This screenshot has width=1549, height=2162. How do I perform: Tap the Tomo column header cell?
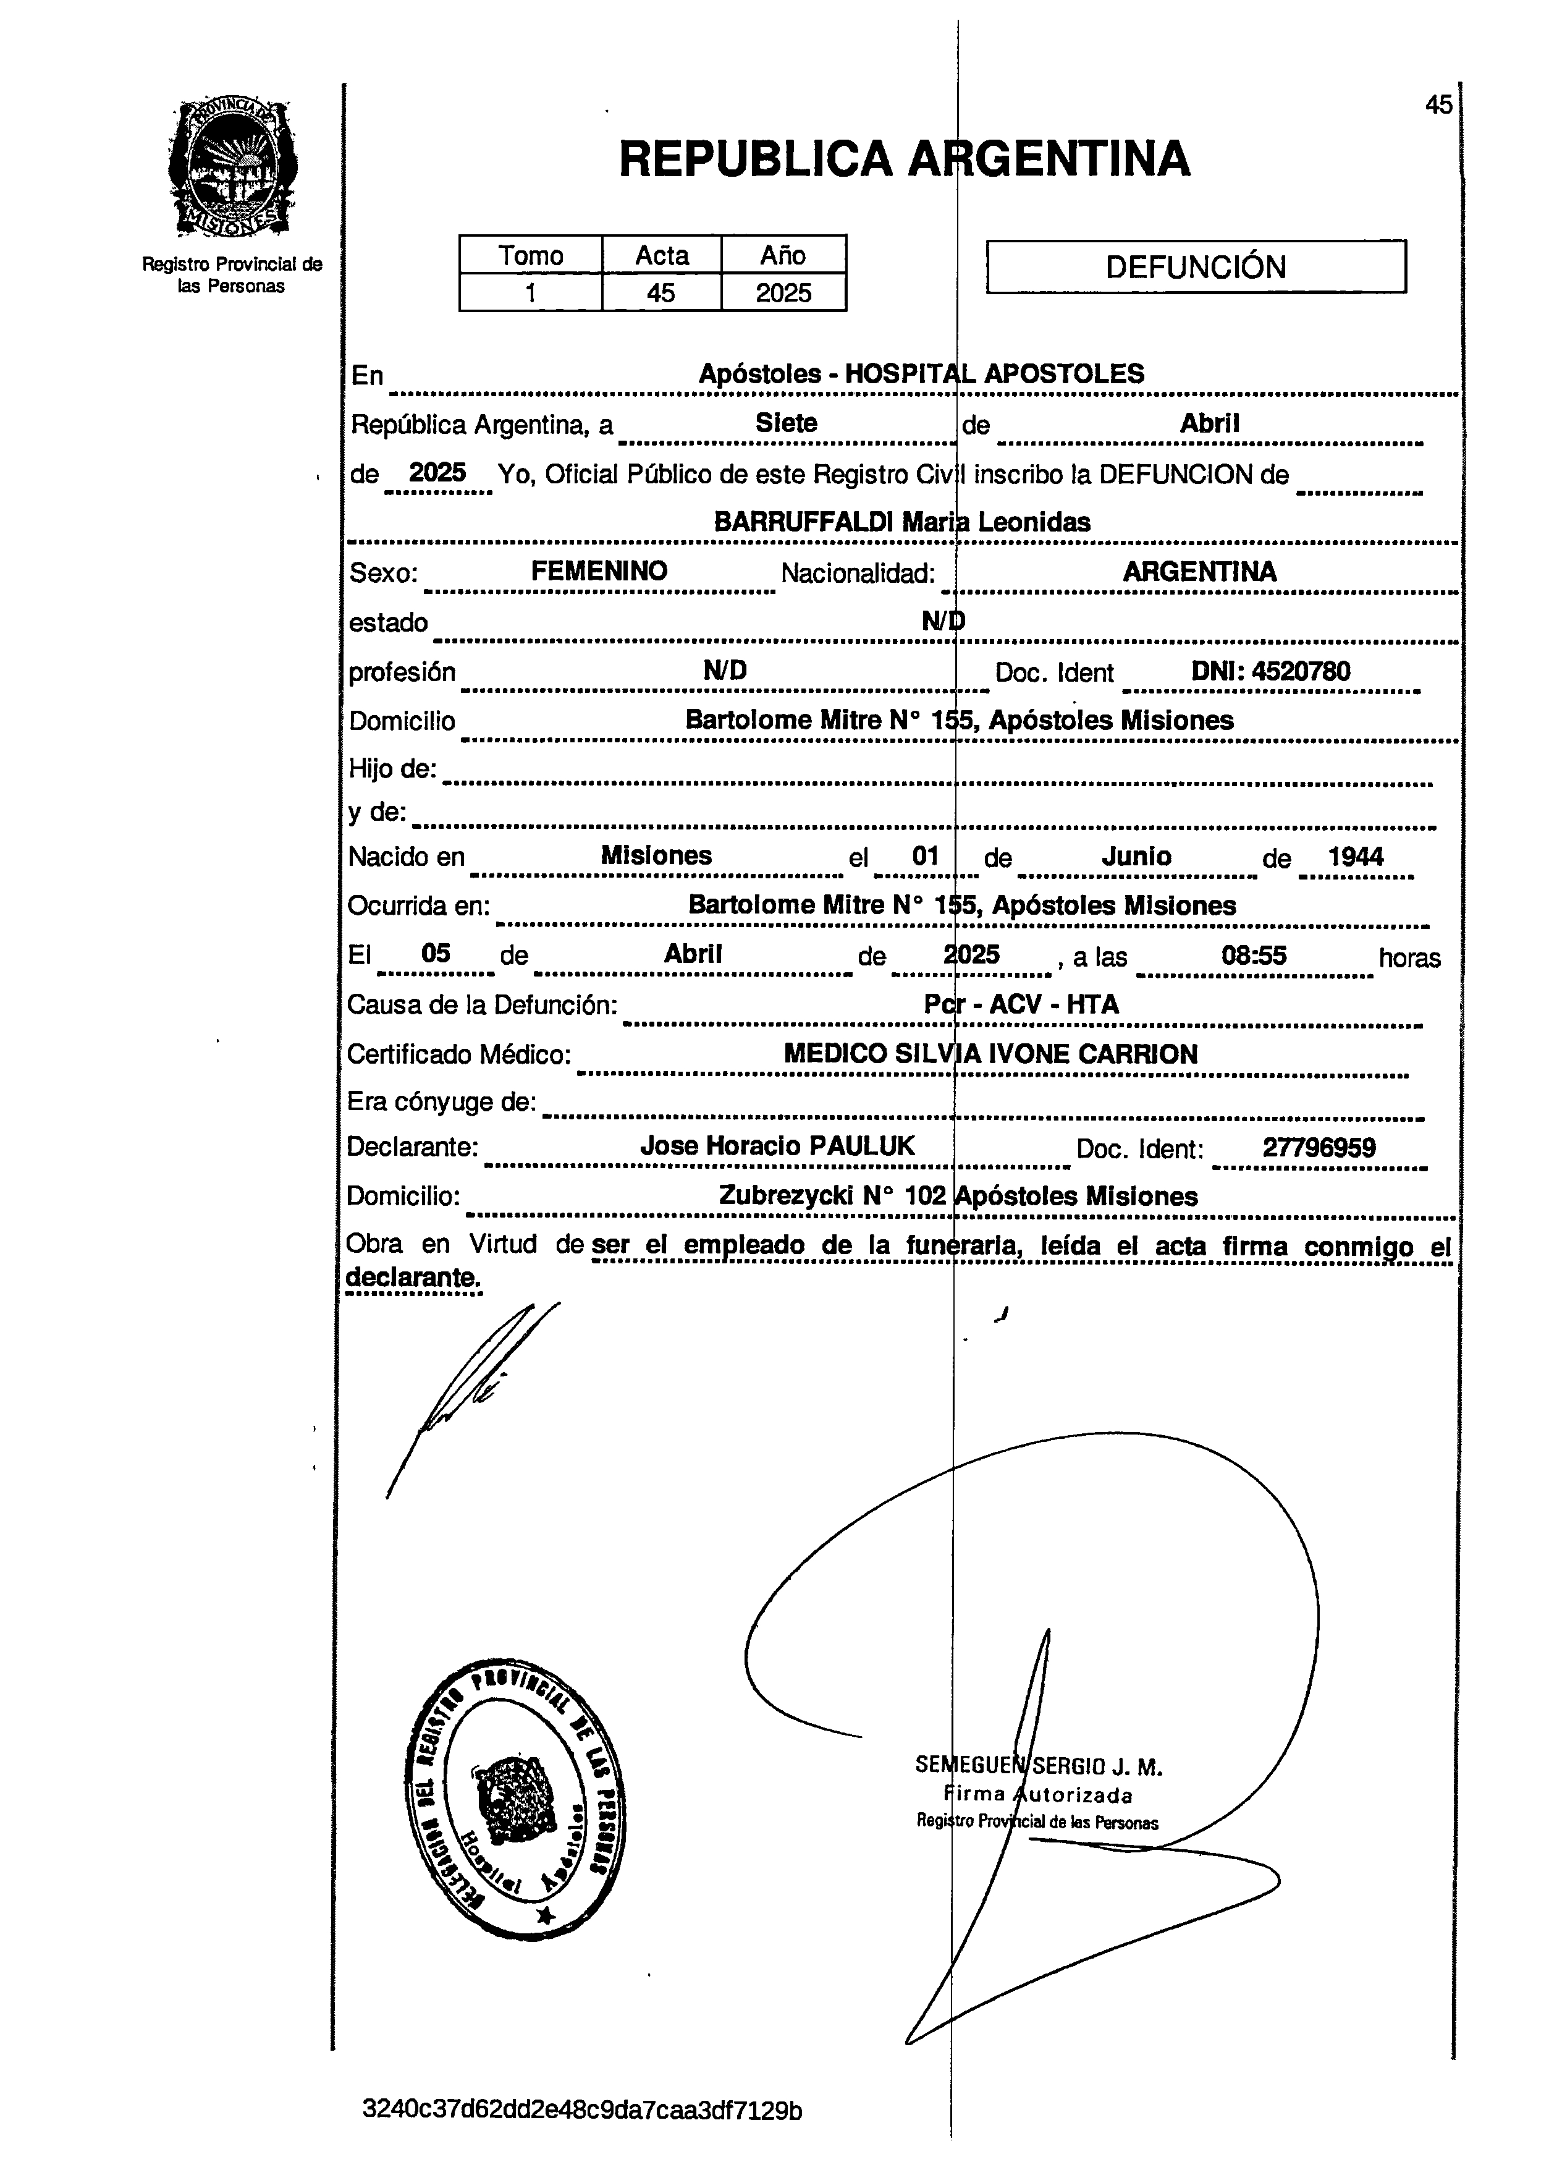(530, 255)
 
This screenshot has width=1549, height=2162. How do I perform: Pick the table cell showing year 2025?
(783, 292)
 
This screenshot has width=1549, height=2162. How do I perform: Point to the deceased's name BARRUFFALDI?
(804, 522)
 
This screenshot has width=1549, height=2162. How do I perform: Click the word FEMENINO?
(599, 571)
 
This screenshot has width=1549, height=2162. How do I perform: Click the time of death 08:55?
(1254, 954)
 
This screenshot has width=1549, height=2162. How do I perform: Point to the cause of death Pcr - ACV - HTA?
(1021, 1004)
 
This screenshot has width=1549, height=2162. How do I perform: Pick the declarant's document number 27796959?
(1319, 1147)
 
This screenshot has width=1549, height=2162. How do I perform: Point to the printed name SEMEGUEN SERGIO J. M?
(1038, 1765)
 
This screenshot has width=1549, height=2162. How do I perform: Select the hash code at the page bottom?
(581, 2109)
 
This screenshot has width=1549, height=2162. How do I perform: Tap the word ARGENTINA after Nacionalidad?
(1199, 571)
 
